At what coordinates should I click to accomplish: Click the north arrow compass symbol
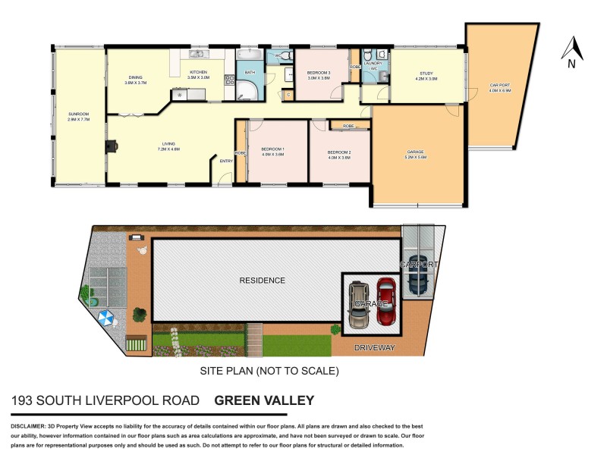click(x=572, y=51)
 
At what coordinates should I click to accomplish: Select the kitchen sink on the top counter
click(x=197, y=55)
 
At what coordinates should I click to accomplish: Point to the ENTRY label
click(x=226, y=161)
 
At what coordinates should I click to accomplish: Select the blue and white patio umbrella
click(x=105, y=318)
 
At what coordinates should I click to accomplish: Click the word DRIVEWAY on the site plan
click(x=374, y=347)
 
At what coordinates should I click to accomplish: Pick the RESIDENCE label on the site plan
click(x=262, y=281)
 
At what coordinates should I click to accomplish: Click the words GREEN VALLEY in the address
click(x=264, y=400)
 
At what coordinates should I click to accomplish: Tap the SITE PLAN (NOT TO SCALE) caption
click(x=269, y=372)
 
